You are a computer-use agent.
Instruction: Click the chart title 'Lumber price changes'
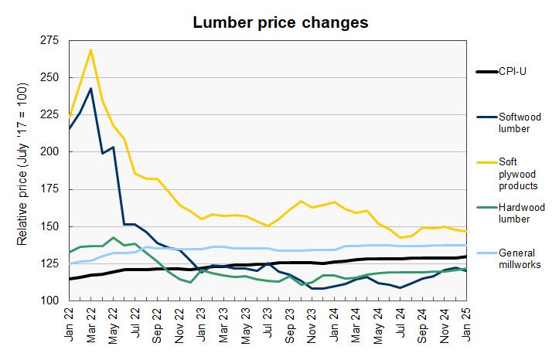280,23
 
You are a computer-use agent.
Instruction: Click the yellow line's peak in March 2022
91,50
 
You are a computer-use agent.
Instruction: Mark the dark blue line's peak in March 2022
91,88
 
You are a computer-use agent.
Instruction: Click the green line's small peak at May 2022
114,237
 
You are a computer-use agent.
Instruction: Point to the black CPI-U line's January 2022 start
70,279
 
